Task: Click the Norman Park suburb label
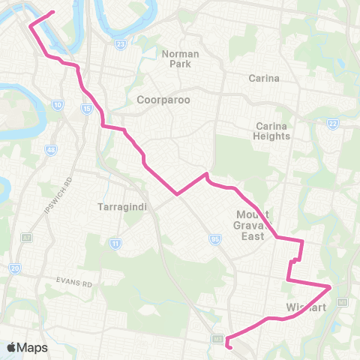175,58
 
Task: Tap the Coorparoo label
161,99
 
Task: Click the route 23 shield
121,44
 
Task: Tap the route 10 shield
57,105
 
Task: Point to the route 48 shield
51,151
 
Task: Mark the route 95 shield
215,238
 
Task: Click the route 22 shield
333,124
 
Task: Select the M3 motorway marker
218,340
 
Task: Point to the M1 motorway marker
342,301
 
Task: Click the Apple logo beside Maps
11,347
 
